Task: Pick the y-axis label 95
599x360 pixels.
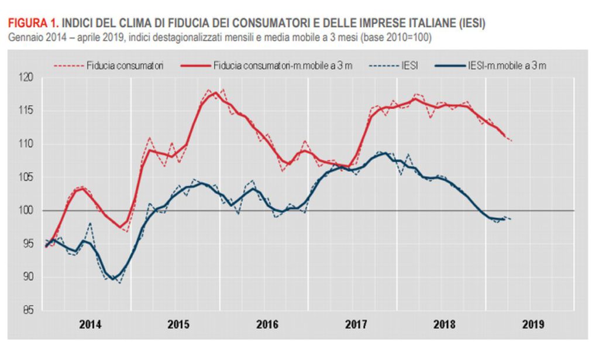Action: click(27, 244)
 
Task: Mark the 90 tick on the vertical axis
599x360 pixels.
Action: click(27, 277)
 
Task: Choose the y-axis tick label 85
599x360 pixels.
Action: click(27, 310)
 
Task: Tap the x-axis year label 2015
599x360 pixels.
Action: click(178, 324)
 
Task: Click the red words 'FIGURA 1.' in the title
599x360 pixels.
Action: click(32, 23)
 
